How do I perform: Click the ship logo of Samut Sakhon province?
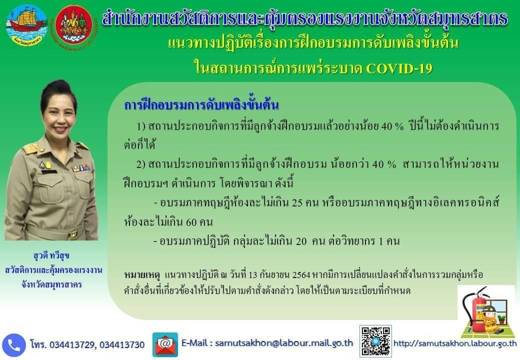pyautogui.click(x=26, y=25)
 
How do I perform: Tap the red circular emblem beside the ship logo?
pyautogui.click(x=74, y=25)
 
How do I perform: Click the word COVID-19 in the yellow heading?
pyautogui.click(x=399, y=68)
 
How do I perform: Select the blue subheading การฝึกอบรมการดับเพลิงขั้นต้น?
pyautogui.click(x=201, y=105)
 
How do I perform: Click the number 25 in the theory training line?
pyautogui.click(x=297, y=202)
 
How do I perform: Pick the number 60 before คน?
pyautogui.click(x=191, y=222)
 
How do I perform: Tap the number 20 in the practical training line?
pyautogui.click(x=301, y=241)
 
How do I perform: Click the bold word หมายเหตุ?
pyautogui.click(x=142, y=275)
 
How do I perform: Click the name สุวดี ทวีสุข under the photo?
pyautogui.click(x=51, y=256)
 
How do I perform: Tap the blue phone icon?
pyautogui.click(x=13, y=345)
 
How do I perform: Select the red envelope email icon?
pyautogui.click(x=165, y=344)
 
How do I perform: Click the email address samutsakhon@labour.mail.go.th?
pyautogui.click(x=284, y=343)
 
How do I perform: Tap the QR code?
pyautogui.click(x=375, y=341)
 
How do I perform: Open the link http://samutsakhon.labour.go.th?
pyautogui.click(x=455, y=343)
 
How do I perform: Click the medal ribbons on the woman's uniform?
pyautogui.click(x=81, y=168)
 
